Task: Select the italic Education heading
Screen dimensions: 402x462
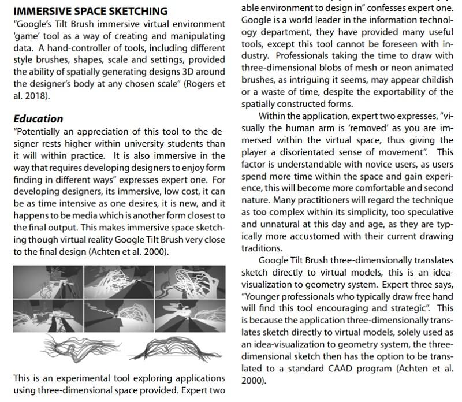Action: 38,119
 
